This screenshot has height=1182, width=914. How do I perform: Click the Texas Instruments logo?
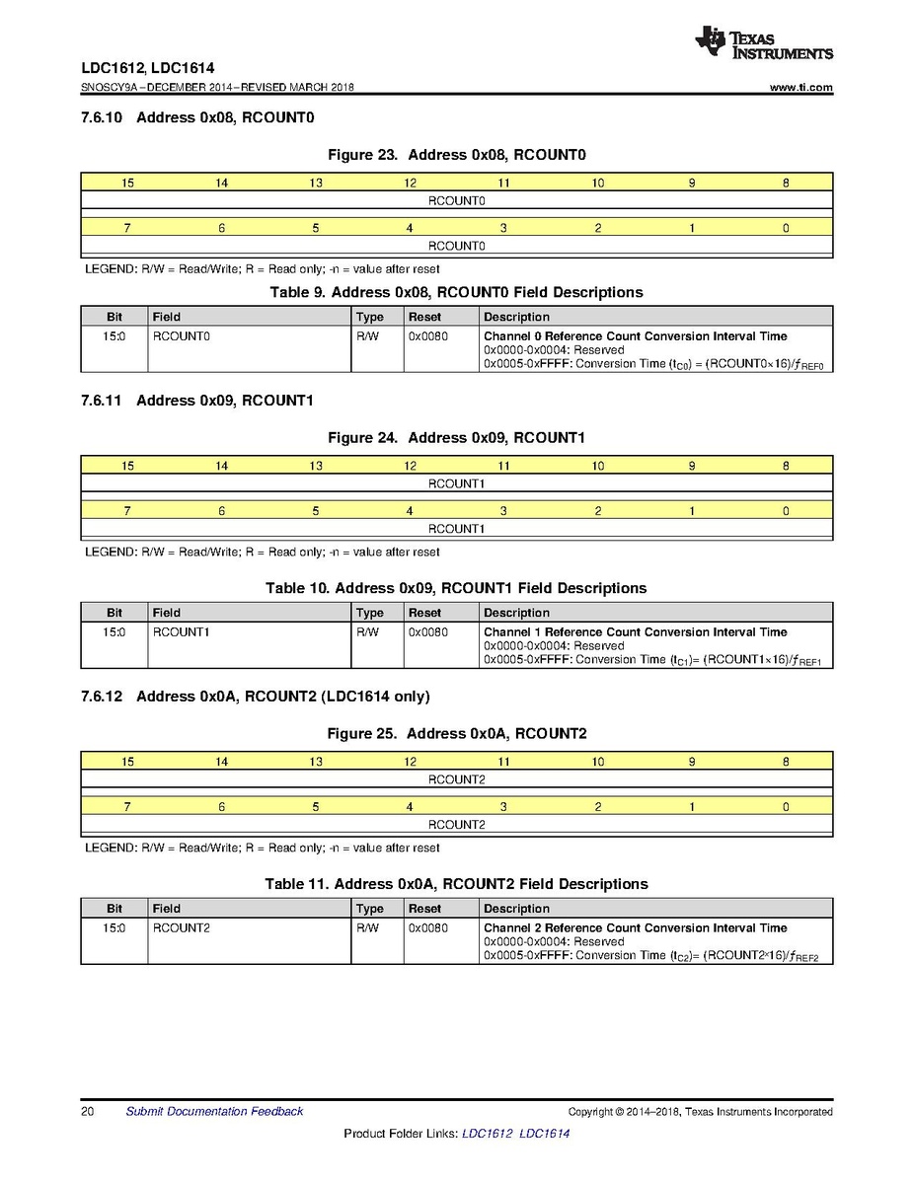(763, 41)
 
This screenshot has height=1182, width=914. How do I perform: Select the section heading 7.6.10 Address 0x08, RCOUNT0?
(197, 118)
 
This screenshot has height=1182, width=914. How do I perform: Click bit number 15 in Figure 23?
(127, 183)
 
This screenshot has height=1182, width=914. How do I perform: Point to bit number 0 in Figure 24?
(786, 511)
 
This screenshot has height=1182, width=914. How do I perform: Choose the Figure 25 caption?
(457, 733)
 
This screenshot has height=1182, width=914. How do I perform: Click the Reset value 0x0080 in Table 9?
(427, 336)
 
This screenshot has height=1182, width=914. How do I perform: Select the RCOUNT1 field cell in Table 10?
(182, 631)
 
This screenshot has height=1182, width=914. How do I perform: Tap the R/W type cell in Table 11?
(367, 927)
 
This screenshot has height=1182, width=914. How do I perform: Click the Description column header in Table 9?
(516, 317)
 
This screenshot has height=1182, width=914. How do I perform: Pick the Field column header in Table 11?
(167, 908)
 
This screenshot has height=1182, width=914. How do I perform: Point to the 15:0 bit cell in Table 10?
(114, 631)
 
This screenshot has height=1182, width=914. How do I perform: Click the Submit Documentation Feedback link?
(214, 1112)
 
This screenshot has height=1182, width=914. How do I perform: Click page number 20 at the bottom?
(88, 1112)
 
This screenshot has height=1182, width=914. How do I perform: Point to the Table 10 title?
(456, 588)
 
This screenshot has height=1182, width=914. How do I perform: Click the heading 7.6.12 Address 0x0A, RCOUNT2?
(256, 697)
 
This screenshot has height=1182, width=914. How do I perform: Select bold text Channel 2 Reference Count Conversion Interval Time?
(635, 927)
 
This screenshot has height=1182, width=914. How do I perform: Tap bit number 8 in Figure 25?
(786, 762)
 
